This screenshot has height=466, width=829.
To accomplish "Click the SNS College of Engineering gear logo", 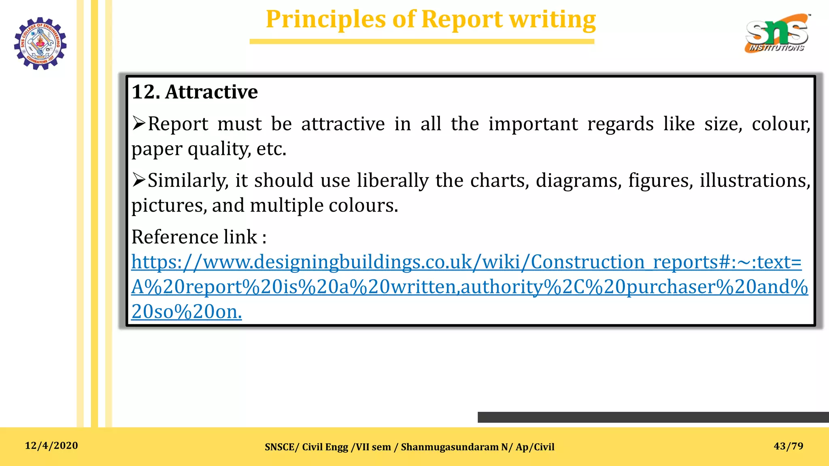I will coord(40,43).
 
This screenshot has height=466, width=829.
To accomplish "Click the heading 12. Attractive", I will coord(195,92).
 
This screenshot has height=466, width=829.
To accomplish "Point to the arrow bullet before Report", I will coord(138,123).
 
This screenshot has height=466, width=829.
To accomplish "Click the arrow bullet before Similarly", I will coord(138,180).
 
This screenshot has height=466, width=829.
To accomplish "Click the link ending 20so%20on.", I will coord(187,312).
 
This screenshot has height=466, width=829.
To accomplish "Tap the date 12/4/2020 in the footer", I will coord(51,446).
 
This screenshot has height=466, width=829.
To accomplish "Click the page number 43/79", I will coord(788,446).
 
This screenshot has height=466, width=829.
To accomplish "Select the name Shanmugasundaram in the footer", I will coord(450,447).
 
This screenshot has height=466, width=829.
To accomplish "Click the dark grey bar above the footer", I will coord(653,417).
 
